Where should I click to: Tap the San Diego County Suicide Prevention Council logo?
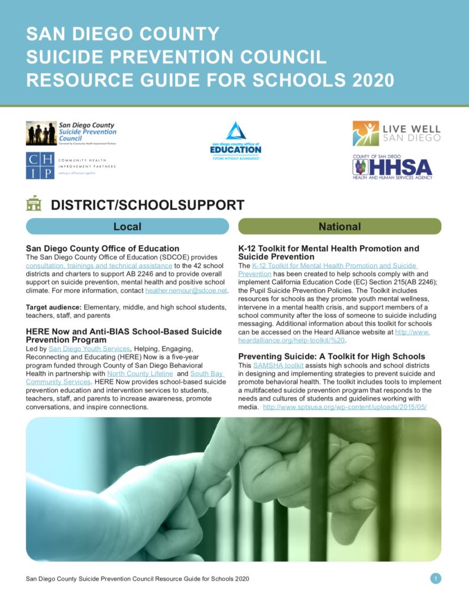(71, 133)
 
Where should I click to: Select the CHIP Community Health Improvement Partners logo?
(71, 166)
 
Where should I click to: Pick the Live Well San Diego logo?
(396, 133)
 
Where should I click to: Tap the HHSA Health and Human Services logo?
(392, 166)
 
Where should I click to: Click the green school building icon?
(34, 204)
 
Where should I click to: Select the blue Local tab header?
(127, 226)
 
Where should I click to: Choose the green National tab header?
(339, 226)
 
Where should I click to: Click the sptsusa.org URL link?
(344, 407)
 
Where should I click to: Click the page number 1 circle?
(436, 578)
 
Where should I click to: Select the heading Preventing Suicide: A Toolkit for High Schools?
(331, 356)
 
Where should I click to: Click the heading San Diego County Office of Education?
(102, 248)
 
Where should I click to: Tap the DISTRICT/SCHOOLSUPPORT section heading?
(147, 205)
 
